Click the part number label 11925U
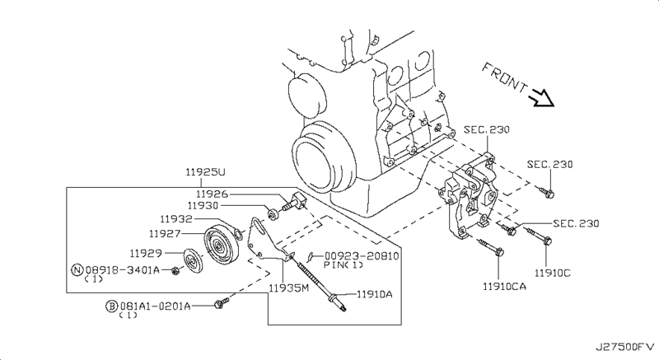click(x=205, y=172)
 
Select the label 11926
click(x=212, y=194)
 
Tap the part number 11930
click(x=203, y=206)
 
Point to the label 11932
click(x=176, y=219)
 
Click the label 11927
click(x=165, y=233)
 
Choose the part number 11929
click(x=146, y=253)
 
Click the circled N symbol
click(x=77, y=269)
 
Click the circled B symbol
click(x=111, y=306)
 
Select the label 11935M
click(x=289, y=288)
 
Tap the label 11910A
click(x=375, y=294)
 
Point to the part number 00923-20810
click(x=362, y=256)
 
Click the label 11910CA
click(x=504, y=287)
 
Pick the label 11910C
click(x=553, y=273)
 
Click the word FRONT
click(x=504, y=78)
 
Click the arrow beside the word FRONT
click(x=543, y=98)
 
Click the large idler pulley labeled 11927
click(x=222, y=245)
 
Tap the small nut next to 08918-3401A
click(x=176, y=271)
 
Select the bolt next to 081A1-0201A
click(x=222, y=303)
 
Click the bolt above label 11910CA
click(x=489, y=247)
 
